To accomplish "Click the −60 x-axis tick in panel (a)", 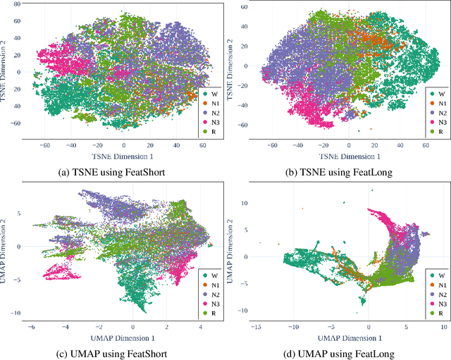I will (44, 145).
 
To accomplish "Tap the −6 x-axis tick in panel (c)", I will (31, 328).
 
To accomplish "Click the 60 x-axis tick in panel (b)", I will (426, 145).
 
